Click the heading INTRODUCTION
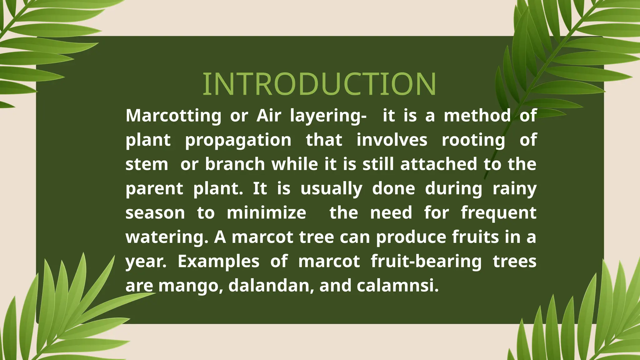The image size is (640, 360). [x=319, y=84]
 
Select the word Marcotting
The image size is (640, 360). [x=173, y=115]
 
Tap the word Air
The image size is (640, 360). [x=269, y=115]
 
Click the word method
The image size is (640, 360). [x=477, y=115]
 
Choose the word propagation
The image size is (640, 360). [x=238, y=140]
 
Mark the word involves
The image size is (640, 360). [x=392, y=140]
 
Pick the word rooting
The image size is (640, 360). [x=473, y=140]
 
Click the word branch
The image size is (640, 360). [x=235, y=164]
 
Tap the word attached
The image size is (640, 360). [x=438, y=164]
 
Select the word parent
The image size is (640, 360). [x=154, y=189]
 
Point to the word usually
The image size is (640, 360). [x=331, y=189]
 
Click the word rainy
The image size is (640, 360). [x=514, y=189]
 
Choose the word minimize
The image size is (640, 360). [x=266, y=213]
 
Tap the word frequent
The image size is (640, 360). [x=498, y=213]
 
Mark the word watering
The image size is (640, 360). [x=167, y=237]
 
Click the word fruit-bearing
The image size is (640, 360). [x=426, y=262]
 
